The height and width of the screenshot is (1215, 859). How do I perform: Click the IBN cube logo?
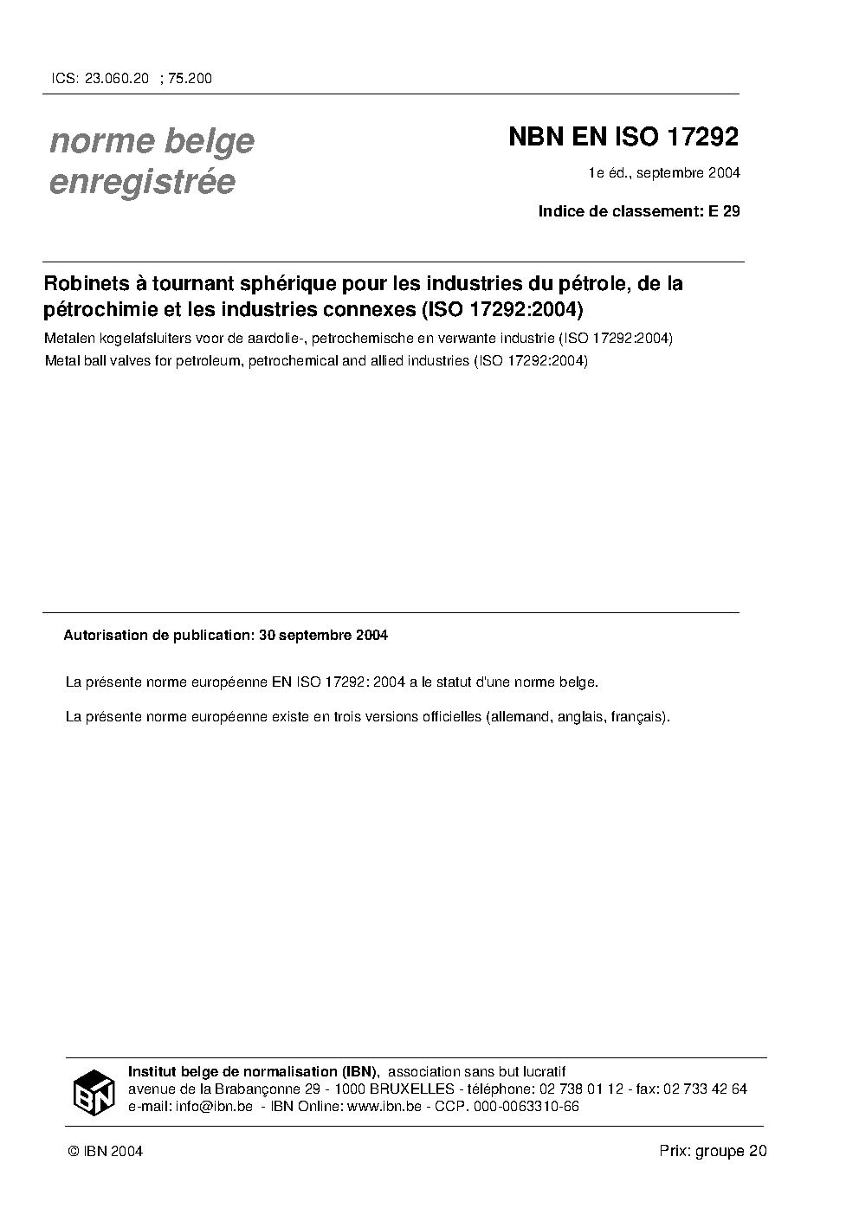(94, 1092)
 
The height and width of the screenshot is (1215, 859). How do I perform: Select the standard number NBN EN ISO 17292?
(623, 138)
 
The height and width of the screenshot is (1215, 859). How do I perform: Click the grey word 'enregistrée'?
(142, 182)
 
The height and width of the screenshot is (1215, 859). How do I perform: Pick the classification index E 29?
(724, 211)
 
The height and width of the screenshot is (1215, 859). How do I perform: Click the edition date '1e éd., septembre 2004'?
(664, 173)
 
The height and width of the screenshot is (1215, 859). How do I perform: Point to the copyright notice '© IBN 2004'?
(105, 1151)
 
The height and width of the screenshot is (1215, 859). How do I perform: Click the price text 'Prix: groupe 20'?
(713, 1151)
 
